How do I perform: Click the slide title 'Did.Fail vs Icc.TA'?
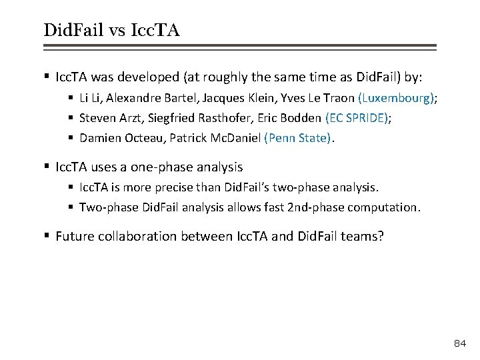111,29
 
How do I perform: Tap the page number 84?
459,343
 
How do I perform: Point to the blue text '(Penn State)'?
297,139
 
